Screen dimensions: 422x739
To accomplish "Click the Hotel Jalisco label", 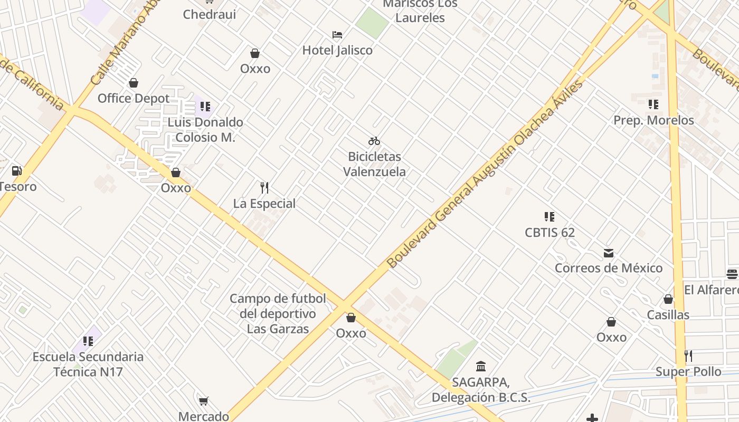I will click(337, 50).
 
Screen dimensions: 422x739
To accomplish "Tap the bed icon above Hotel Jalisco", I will click(337, 35).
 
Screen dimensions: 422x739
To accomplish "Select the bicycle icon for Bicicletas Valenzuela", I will click(374, 141).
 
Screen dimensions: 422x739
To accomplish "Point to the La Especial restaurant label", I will click(264, 203).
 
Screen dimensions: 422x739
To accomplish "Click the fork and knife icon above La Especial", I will click(264, 187).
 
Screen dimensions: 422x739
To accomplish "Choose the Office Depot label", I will click(134, 98).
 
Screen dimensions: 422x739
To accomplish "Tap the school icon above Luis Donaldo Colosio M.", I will click(205, 107).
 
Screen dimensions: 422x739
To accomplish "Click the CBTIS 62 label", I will click(549, 232).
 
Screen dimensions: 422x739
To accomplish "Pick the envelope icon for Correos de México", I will click(609, 253).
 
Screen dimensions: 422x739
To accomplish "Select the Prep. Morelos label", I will click(653, 120).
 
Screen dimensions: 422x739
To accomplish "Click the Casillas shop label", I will click(668, 315).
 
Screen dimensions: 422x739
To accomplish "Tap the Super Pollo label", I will click(688, 372).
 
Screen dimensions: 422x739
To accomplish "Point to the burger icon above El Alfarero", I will click(732, 274).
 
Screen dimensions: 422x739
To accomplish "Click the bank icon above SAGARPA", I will click(481, 366).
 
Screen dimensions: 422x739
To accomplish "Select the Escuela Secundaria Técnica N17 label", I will click(88, 364).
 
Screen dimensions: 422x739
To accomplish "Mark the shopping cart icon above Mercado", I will click(203, 401).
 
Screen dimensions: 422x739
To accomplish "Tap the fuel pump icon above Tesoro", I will click(17, 171).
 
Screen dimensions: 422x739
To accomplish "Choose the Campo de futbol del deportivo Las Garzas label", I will click(278, 314).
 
